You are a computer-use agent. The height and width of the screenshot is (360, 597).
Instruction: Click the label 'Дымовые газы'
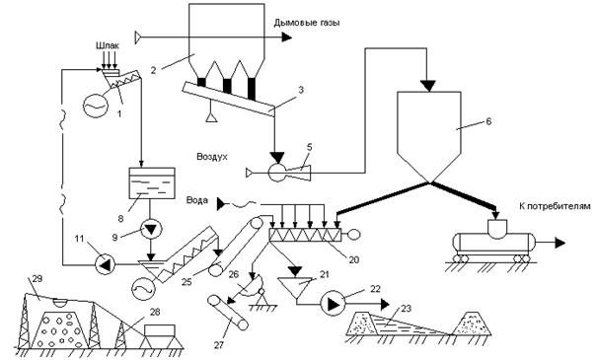coord(307,23)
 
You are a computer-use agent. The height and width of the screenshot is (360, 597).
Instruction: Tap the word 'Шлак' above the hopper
coord(108,45)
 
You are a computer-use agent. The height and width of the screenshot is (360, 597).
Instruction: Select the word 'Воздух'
coord(212,157)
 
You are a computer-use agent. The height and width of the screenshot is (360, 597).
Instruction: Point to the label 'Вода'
coord(197,200)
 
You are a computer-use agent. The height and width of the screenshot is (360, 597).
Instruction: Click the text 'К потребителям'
coord(555,206)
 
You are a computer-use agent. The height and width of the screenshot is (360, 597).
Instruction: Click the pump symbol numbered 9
coord(152,230)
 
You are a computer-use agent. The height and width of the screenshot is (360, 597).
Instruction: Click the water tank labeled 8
coord(152,183)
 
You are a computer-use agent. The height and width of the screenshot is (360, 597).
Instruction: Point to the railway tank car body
coord(493,243)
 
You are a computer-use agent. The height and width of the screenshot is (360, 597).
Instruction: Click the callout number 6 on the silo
coord(488,121)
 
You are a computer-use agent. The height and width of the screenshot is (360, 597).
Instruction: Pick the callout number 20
coord(353,260)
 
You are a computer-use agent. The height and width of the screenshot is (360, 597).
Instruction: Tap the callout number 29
coord(37,278)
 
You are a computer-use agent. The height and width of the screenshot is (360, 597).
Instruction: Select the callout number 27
coord(218,345)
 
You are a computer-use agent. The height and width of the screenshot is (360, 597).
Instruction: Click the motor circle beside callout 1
coord(95,106)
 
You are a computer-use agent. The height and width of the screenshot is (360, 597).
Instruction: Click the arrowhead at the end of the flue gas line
coord(287,37)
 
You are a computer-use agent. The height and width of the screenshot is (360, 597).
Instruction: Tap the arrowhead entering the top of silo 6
coord(428,86)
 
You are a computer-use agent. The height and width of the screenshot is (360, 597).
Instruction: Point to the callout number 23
coord(407,309)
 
